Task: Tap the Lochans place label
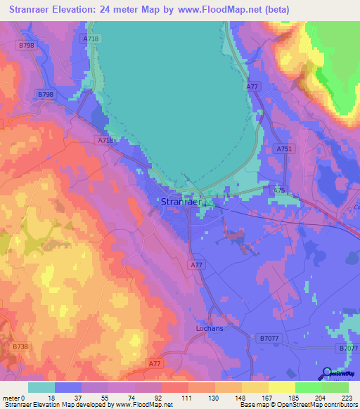209,328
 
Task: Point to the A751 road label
284,149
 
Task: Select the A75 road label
279,190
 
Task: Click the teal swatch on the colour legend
41,387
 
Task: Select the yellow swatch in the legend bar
282,387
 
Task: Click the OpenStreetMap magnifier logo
326,374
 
